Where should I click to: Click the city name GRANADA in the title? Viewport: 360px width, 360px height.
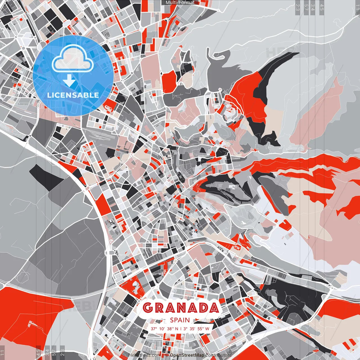coord(181,308)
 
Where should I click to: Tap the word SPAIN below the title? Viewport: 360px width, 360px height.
coord(180,320)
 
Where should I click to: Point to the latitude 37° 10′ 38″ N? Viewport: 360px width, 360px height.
coord(164,328)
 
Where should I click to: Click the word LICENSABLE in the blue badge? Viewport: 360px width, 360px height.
coord(73,95)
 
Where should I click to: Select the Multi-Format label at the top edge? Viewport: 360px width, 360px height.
coord(180,3)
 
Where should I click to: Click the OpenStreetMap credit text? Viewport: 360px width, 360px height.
coord(187,355)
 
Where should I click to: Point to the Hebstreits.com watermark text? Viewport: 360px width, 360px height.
coord(141,355)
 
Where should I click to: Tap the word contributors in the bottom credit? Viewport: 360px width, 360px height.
coord(218,355)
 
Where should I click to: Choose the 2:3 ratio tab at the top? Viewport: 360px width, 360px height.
coord(297,7)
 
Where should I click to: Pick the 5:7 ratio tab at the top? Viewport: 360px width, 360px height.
coord(306,7)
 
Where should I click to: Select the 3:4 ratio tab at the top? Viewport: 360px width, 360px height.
coord(313,7)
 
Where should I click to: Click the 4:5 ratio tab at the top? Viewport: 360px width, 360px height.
coord(322,7)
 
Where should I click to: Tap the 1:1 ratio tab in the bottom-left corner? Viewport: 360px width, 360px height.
coord(3,353)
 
